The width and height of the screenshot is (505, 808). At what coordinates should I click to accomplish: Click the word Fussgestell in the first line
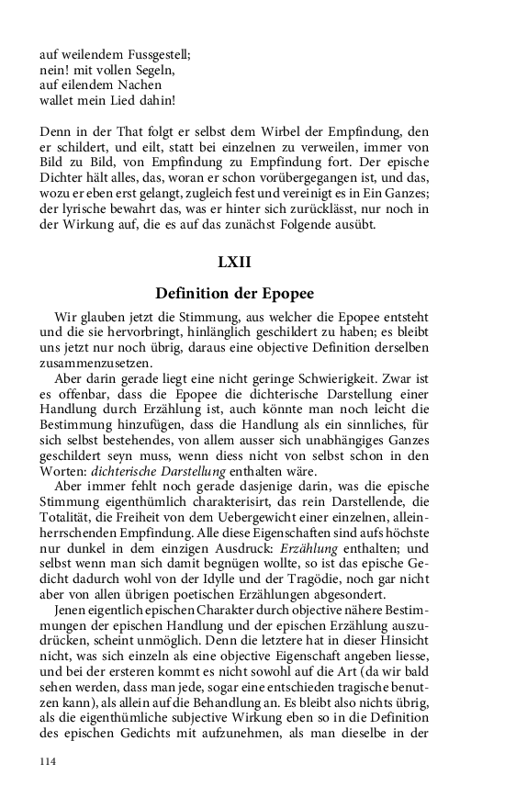tap(152, 54)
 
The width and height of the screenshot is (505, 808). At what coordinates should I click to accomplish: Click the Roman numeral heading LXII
tap(234, 262)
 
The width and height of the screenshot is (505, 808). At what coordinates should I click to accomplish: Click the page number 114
tap(49, 761)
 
